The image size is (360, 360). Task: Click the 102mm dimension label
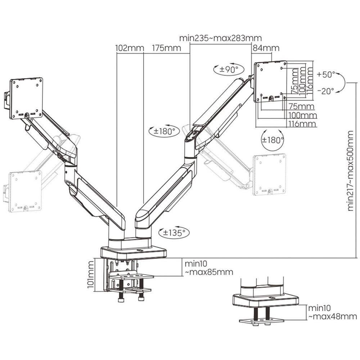[130, 48]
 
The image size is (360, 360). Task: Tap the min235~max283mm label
[220, 38]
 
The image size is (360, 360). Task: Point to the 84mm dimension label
[266, 48]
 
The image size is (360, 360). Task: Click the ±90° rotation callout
[229, 69]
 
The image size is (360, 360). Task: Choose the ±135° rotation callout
[174, 233]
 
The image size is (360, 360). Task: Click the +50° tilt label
[326, 75]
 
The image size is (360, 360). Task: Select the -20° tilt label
[326, 91]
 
